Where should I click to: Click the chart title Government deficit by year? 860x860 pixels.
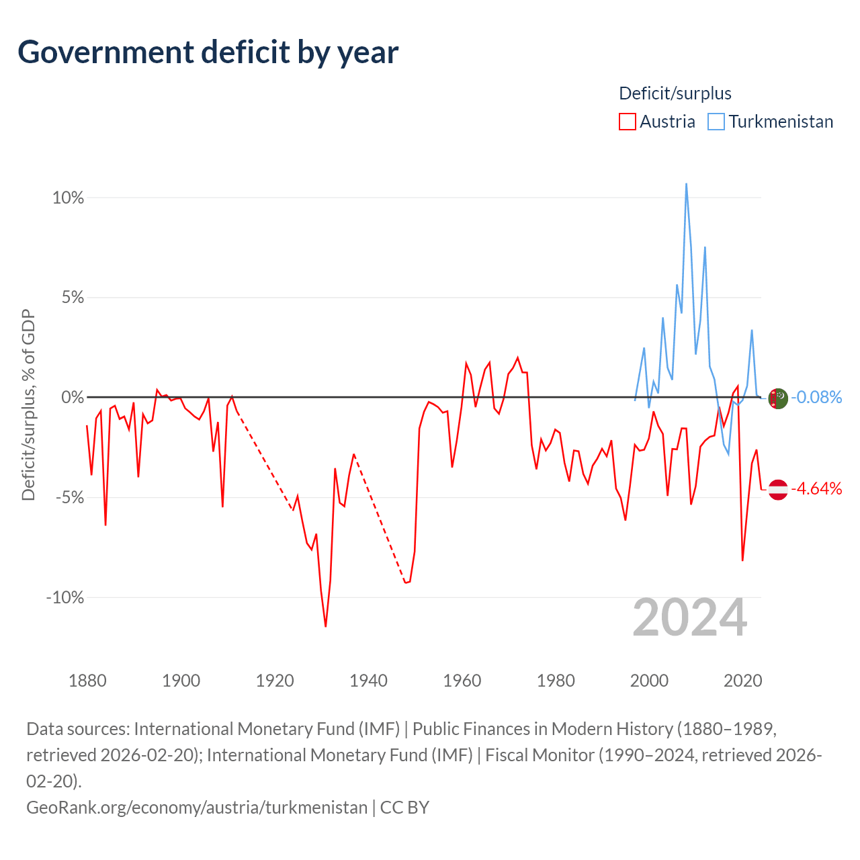tap(208, 52)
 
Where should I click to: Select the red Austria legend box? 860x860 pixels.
tap(627, 122)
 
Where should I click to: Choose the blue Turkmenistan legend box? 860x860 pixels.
tap(716, 122)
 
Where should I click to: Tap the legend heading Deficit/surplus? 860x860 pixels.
tap(675, 93)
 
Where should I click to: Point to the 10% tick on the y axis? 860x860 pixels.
tap(68, 198)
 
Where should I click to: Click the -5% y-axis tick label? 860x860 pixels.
tap(69, 497)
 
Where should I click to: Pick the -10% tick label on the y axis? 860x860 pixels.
tap(64, 597)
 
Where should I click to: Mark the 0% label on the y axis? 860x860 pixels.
tap(73, 397)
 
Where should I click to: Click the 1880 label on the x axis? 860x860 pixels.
tap(87, 681)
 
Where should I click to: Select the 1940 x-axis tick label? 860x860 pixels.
tap(368, 681)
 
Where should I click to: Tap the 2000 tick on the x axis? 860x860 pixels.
tap(649, 681)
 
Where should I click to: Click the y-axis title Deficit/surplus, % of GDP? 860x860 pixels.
tap(29, 404)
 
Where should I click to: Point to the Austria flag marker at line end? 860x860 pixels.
tap(778, 490)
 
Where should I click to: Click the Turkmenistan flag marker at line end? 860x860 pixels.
tap(778, 398)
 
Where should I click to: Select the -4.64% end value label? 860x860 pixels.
tap(816, 488)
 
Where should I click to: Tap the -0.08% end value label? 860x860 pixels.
tap(816, 397)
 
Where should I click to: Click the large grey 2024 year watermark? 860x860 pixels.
tap(689, 617)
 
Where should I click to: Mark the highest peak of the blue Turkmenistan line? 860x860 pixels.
tap(686, 183)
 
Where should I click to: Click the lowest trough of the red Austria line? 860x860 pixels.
tap(325, 626)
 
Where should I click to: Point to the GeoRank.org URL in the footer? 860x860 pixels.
tap(197, 808)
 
